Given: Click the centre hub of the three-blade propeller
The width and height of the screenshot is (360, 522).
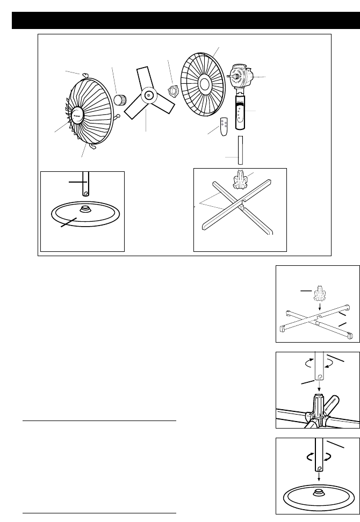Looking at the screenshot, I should (148, 96).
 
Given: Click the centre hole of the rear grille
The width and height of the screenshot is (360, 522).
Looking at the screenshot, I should (205, 83).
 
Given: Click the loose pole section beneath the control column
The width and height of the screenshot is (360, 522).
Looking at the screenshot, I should (241, 149).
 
